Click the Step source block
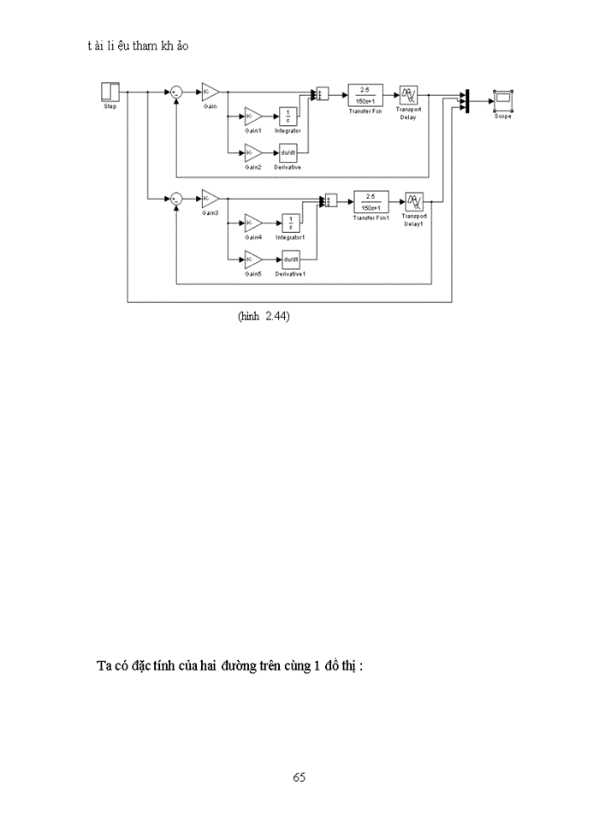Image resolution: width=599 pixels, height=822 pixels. click(x=110, y=92)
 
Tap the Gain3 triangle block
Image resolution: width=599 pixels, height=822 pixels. click(x=211, y=199)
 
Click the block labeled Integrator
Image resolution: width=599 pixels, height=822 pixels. click(x=288, y=116)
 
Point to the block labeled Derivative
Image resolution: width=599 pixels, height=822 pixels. click(x=288, y=153)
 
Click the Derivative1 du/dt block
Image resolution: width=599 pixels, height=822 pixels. click(x=291, y=259)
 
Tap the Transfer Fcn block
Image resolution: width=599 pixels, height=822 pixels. click(x=365, y=94)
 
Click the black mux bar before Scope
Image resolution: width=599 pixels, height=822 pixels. click(x=466, y=101)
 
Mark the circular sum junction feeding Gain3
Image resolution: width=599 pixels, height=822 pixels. click(x=175, y=199)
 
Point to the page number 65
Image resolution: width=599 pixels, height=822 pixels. click(x=299, y=777)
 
